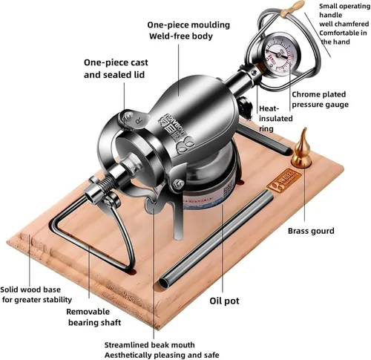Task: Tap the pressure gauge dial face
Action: coord(279,55)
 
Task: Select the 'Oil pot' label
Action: coord(224,301)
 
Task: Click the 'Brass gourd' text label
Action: coord(311,231)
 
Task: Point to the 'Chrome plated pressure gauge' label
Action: coord(320,99)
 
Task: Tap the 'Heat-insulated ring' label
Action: coord(275,119)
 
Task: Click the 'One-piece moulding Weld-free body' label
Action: coord(188,30)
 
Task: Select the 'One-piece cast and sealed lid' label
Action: coord(116,68)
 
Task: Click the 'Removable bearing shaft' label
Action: coord(94,317)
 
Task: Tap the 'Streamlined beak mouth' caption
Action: coord(149,345)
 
